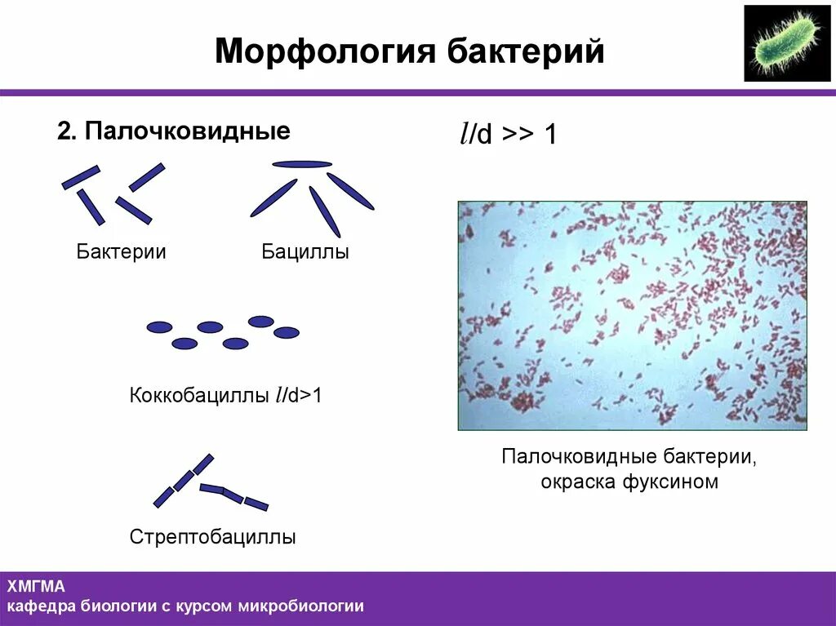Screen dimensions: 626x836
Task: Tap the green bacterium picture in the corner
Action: click(x=786, y=43)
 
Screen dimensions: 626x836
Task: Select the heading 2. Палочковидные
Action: click(x=173, y=131)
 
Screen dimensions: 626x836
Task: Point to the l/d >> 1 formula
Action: click(x=508, y=135)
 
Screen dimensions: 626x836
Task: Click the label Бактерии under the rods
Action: click(x=122, y=252)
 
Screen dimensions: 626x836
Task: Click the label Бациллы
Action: click(x=305, y=252)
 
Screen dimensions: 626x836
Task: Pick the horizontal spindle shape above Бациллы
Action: click(x=302, y=164)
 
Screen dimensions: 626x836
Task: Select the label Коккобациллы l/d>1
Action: click(x=226, y=396)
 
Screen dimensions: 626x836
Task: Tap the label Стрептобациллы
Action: click(x=212, y=537)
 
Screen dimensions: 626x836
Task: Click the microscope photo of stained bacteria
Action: click(x=632, y=315)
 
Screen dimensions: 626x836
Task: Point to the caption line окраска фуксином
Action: click(x=629, y=482)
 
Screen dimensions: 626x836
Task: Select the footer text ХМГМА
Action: click(x=36, y=586)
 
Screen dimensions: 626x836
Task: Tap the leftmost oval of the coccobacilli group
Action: click(x=159, y=327)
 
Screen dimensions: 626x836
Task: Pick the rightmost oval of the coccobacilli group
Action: click(x=286, y=332)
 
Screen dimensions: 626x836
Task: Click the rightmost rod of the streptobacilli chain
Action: click(x=256, y=504)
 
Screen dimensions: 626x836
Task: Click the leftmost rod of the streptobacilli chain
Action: click(x=163, y=497)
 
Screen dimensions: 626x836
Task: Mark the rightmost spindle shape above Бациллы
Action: click(x=350, y=191)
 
